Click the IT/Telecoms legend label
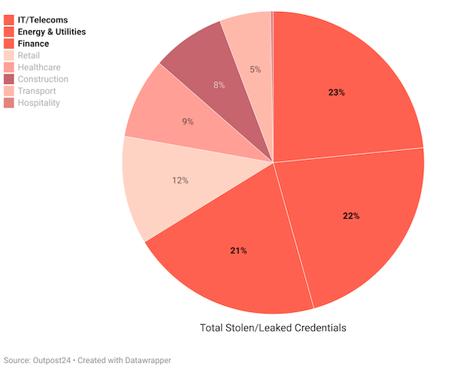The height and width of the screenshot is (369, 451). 41,20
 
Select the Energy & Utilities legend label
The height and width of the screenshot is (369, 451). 51,32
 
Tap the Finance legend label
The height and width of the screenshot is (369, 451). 33,44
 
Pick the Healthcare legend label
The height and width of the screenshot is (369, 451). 38,68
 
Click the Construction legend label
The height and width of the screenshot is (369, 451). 43,79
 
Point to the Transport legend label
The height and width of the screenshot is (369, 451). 37,91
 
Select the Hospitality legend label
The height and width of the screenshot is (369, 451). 38,103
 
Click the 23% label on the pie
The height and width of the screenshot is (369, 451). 336,92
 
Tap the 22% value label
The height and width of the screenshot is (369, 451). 351,216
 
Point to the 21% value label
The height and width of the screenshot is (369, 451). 238,250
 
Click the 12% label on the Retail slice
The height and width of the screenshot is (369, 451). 180,180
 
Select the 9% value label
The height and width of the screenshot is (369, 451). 187,121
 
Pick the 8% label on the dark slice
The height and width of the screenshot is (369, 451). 219,85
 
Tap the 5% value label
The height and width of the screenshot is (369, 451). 256,70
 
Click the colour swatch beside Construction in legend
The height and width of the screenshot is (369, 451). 9,79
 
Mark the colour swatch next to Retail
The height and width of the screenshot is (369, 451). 9,56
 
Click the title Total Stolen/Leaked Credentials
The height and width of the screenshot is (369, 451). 273,328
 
